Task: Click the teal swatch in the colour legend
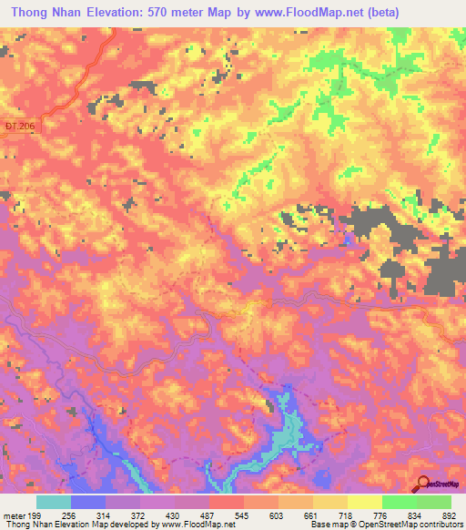tap(54, 502)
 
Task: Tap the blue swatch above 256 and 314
tap(88, 502)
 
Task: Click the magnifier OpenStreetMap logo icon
tap(422, 484)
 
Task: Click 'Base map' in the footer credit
tap(325, 525)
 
